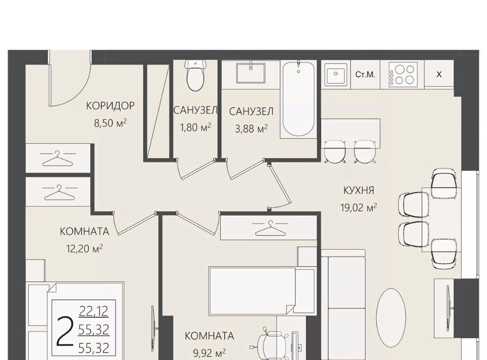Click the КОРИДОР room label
[x=110, y=106]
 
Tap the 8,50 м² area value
[x=110, y=123]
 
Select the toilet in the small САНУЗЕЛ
[x=196, y=76]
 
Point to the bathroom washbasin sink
[x=251, y=74]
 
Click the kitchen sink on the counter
[x=336, y=75]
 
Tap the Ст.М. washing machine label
[x=365, y=75]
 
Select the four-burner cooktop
[x=403, y=75]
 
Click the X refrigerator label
[x=439, y=75]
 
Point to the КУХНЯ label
[x=359, y=190]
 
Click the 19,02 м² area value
[x=359, y=207]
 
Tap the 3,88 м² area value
[x=251, y=128]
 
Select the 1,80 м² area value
[x=196, y=127]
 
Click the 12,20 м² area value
[x=85, y=248]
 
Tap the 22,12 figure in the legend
[x=93, y=311]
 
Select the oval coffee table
[x=391, y=319]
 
